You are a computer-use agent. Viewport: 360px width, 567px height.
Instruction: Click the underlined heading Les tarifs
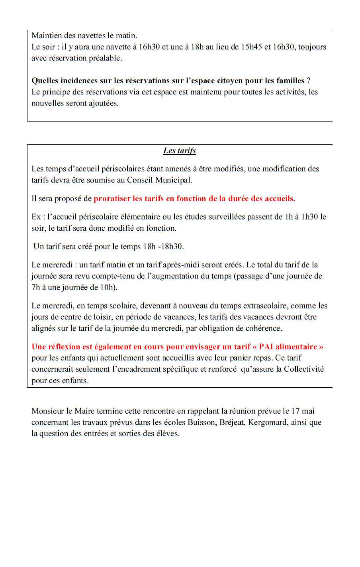(180, 151)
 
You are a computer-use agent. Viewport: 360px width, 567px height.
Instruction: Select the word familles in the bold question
(290, 81)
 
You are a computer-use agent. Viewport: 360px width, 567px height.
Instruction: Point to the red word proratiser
(112, 199)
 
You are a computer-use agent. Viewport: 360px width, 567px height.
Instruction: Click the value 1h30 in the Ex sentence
(309, 217)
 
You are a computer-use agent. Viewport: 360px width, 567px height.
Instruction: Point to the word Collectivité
(303, 369)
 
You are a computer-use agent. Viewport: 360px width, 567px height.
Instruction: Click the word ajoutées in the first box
(103, 103)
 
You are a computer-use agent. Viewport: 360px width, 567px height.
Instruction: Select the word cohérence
(264, 329)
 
